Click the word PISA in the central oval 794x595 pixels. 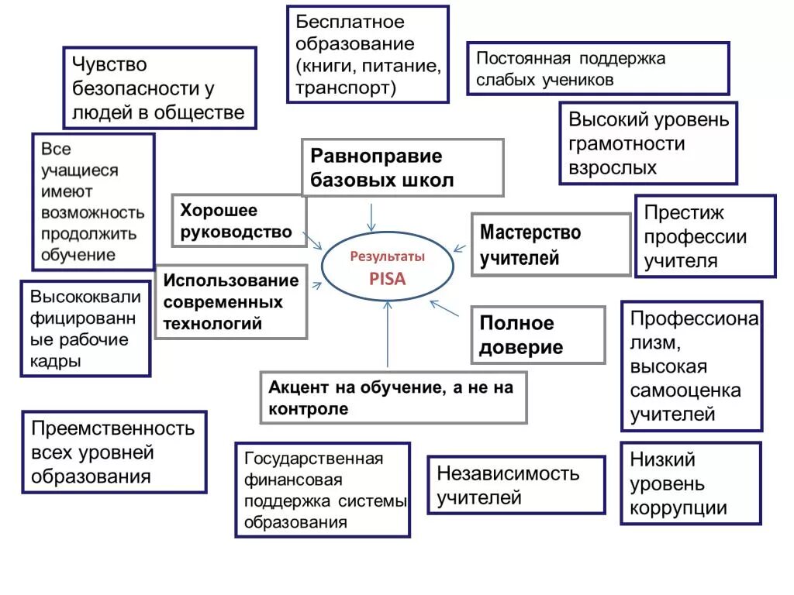[x=387, y=280]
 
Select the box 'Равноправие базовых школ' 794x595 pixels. [x=402, y=167]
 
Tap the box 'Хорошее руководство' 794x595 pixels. [x=239, y=221]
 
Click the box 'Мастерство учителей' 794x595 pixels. [x=551, y=244]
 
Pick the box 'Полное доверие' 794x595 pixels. [x=537, y=335]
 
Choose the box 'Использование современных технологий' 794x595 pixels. [x=231, y=301]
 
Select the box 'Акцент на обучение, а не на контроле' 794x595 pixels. [x=393, y=397]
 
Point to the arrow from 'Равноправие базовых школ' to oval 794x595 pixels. [x=372, y=216]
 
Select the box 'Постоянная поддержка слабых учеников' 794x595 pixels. [x=597, y=68]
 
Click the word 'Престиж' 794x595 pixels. [x=684, y=212]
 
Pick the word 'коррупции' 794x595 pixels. [x=678, y=508]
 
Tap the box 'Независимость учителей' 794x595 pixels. [x=516, y=485]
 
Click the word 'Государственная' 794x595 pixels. [x=313, y=459]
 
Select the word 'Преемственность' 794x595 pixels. [x=112, y=427]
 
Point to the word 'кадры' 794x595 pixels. [x=55, y=361]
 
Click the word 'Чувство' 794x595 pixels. [x=109, y=64]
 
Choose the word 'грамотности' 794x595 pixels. [x=627, y=143]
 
